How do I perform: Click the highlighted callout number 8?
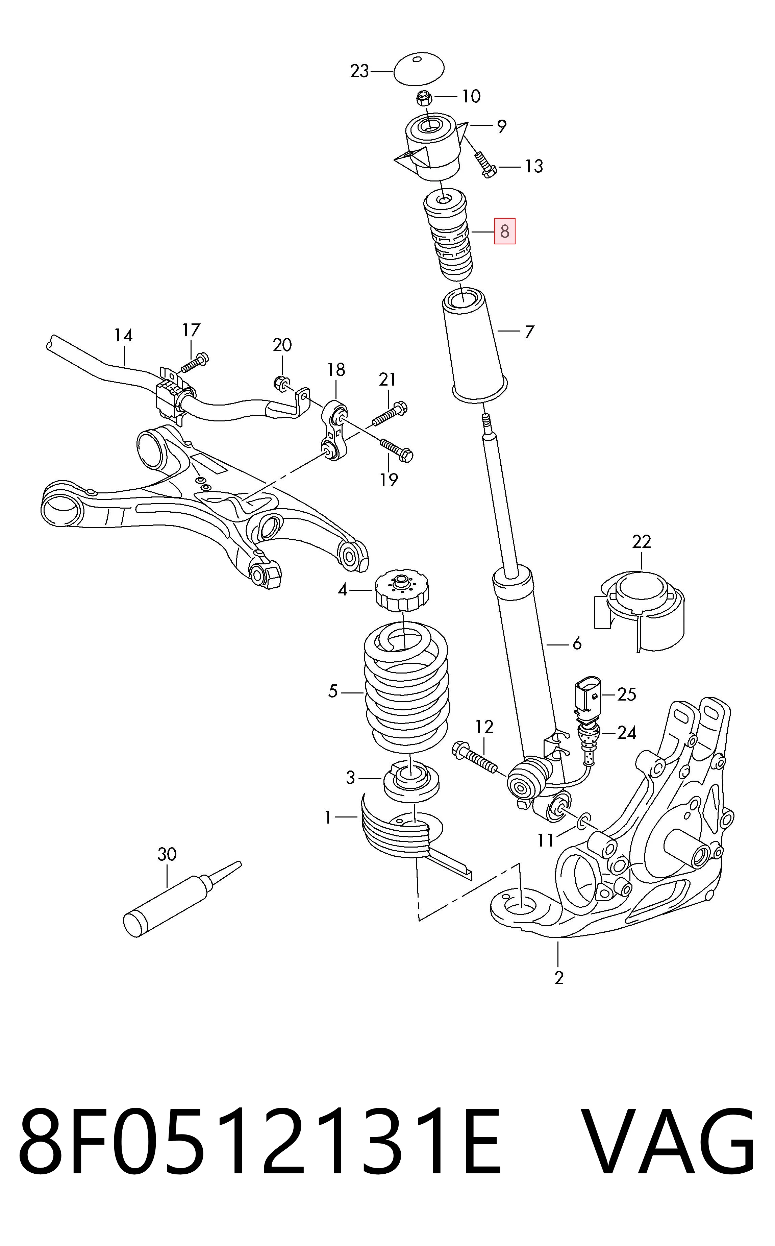504,231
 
